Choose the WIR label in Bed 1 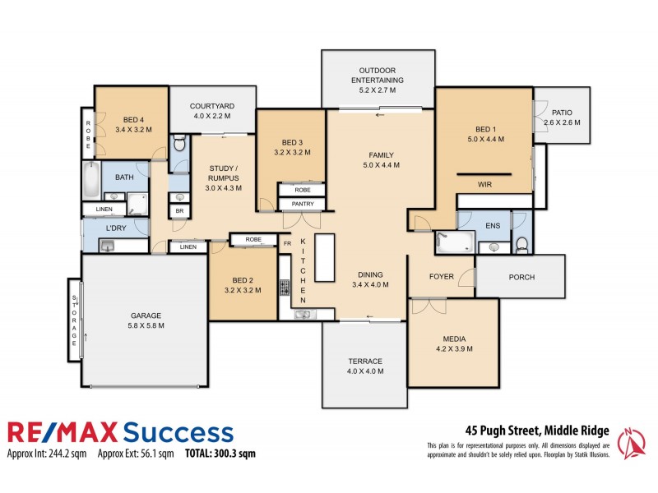(486, 185)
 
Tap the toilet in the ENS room (521, 243)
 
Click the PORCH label (521, 278)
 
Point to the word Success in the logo (178, 432)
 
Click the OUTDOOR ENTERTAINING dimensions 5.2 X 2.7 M (377, 91)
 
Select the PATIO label (562, 113)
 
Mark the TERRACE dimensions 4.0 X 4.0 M (364, 372)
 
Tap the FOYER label (441, 277)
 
